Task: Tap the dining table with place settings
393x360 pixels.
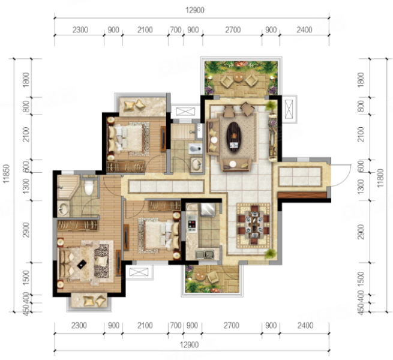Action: (254, 225)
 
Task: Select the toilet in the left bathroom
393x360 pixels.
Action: (89, 187)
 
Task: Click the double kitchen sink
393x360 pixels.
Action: (205, 254)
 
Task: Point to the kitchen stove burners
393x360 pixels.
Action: (192, 224)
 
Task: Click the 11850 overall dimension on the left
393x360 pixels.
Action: (6, 173)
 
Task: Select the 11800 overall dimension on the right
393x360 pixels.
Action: (380, 178)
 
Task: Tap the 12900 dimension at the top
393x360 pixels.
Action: (195, 10)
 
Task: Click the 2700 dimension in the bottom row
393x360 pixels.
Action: (232, 325)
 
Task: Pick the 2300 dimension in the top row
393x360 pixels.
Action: (80, 30)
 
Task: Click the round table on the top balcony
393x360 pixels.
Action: (238, 77)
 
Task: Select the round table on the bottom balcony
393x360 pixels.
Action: (200, 276)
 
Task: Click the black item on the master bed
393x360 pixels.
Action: (82, 264)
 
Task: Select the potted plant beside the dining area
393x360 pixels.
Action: (271, 253)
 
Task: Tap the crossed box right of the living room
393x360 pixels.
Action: (289, 109)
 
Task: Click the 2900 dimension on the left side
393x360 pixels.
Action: (26, 230)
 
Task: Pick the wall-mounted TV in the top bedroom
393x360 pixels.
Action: (163, 139)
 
